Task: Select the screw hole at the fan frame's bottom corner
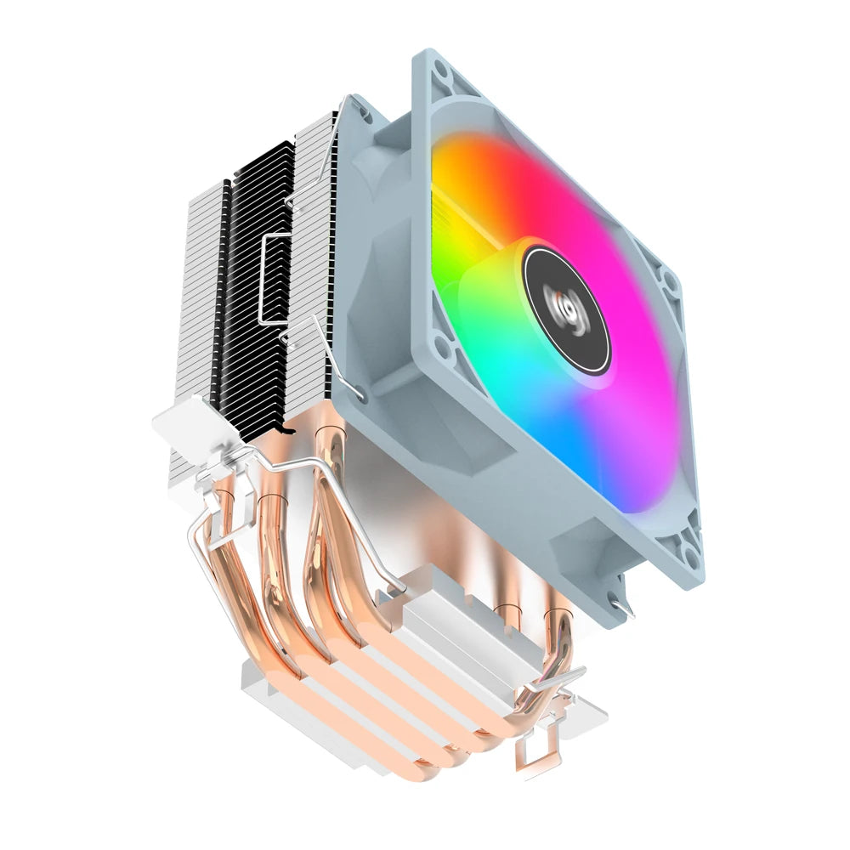coord(691,556)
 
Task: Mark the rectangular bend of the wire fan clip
coord(272,280)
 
